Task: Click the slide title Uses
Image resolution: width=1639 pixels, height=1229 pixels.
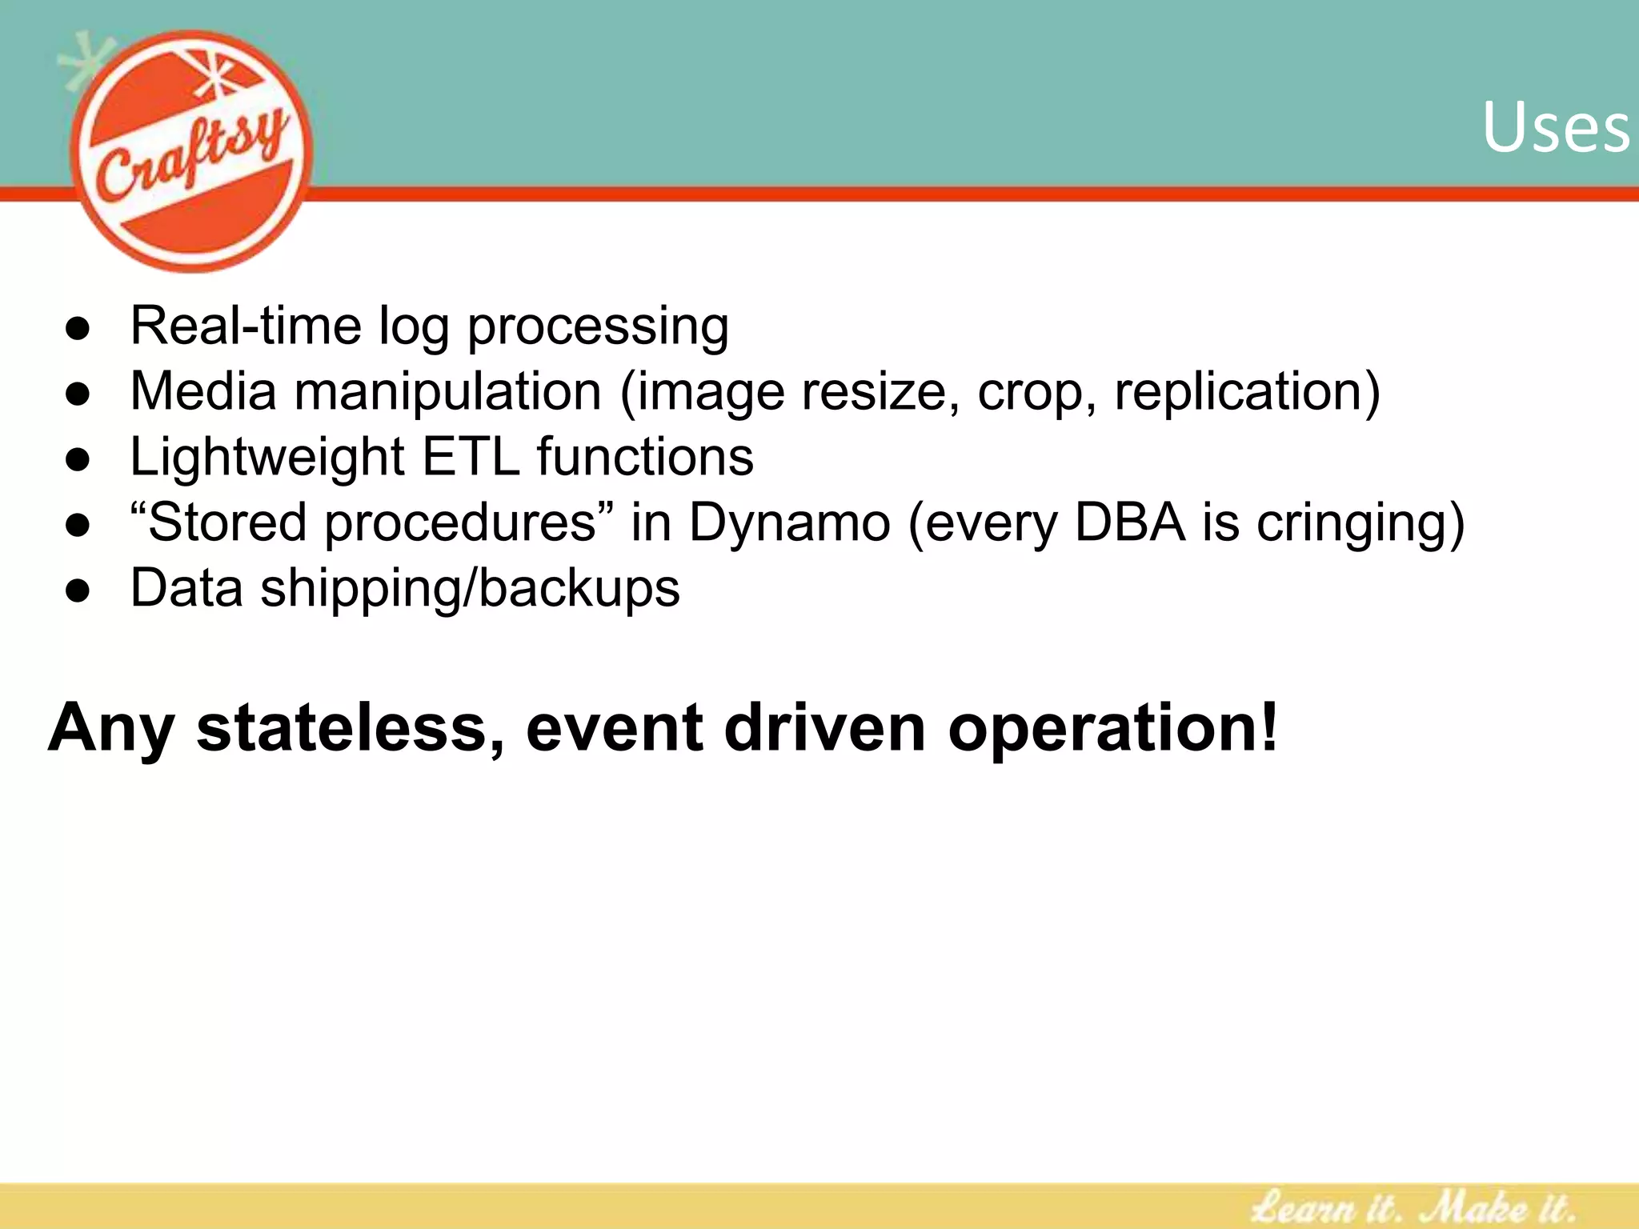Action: pos(1555,128)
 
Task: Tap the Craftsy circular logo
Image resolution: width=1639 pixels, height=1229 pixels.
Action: pos(192,152)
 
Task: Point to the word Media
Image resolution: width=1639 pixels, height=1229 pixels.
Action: pos(203,391)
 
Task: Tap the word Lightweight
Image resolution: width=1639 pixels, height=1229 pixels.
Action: pos(267,458)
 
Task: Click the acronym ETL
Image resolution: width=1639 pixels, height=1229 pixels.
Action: pos(471,457)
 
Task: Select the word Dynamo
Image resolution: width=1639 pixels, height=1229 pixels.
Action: pos(789,524)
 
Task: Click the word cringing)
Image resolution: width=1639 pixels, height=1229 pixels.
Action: pos(1360,525)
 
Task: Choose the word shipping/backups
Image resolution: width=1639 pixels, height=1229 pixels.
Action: pos(470,590)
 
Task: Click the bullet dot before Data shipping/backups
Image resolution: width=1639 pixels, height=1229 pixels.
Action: pos(78,591)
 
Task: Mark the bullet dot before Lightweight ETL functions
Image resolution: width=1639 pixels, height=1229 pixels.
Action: pos(78,460)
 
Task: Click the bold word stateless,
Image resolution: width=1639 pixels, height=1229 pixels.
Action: pos(351,727)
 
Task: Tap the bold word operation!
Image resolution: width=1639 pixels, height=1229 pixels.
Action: pos(1113,729)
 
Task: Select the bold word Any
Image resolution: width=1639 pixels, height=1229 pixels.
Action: pos(110,729)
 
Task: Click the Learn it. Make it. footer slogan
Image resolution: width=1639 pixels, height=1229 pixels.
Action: pos(1413,1205)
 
